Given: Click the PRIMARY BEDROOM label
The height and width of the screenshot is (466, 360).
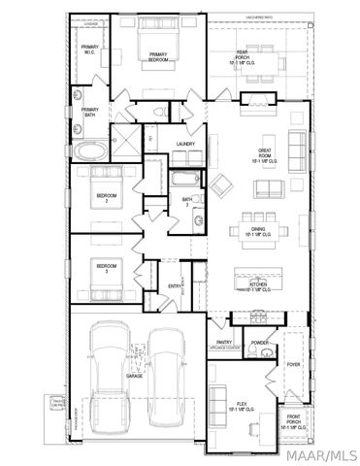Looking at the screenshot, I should [x=158, y=56].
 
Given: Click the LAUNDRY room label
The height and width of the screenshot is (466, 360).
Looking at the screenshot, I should [x=186, y=145].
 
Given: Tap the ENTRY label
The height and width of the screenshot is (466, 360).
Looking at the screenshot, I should [x=176, y=285].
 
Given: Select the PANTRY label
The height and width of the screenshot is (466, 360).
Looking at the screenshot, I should [x=224, y=342].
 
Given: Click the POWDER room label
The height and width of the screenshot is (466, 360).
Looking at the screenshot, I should [x=259, y=343].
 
